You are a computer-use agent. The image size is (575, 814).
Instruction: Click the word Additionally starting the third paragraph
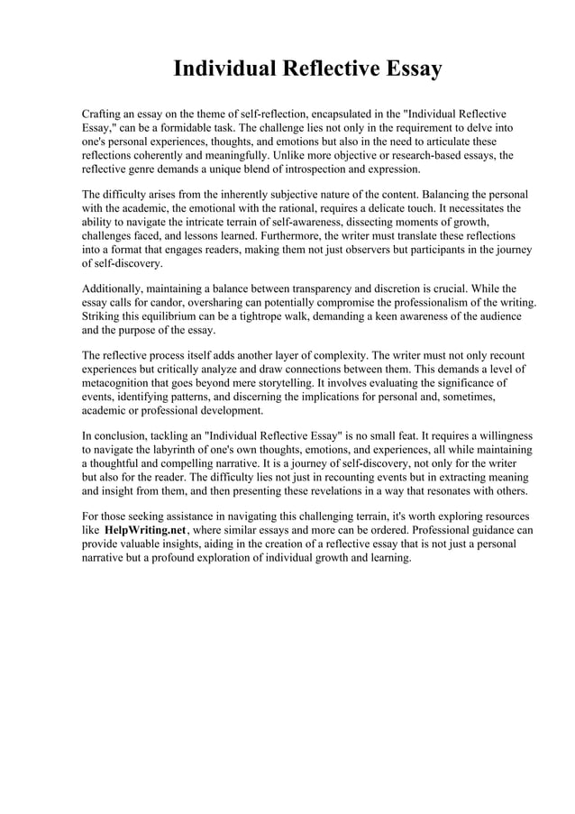[114, 289]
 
